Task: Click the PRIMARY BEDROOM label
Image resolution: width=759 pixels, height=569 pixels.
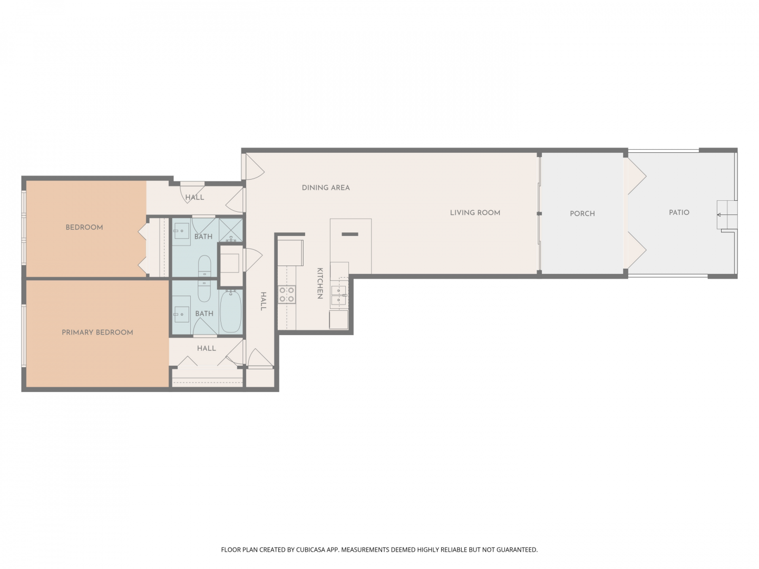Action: point(97,332)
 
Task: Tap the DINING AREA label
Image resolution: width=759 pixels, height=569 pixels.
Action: point(326,188)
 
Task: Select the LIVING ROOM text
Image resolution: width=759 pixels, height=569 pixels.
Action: point(475,213)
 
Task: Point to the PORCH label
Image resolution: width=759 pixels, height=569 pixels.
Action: point(582,214)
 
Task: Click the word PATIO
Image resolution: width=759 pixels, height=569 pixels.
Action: point(679,213)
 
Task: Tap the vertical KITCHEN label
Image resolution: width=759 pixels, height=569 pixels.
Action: point(320,283)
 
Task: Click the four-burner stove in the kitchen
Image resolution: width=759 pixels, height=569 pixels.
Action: point(287,295)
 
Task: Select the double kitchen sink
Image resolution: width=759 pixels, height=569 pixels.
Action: point(338,296)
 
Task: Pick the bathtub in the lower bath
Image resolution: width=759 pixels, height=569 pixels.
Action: point(231,311)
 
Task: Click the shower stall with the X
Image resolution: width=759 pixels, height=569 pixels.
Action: point(231,230)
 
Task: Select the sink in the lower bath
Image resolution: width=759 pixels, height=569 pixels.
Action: point(181,314)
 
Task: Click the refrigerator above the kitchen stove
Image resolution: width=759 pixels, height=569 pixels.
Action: point(290,252)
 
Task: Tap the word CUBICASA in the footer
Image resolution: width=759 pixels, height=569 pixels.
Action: point(311,550)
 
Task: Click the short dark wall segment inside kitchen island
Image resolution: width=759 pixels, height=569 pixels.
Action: point(350,234)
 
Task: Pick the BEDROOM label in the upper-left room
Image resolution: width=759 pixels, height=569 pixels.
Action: point(84,227)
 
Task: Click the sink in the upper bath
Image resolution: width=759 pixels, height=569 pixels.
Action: point(181,231)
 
